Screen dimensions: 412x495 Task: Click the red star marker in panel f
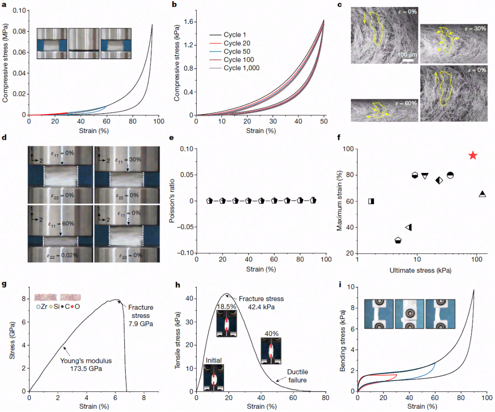[473, 156]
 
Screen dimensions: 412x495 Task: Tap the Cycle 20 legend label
[236, 43]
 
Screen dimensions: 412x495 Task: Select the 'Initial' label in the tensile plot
[214, 360]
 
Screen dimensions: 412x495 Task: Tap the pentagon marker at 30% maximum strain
[398, 240]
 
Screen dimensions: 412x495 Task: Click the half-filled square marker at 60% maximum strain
[371, 201]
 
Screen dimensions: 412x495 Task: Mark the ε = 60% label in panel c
[405, 103]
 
